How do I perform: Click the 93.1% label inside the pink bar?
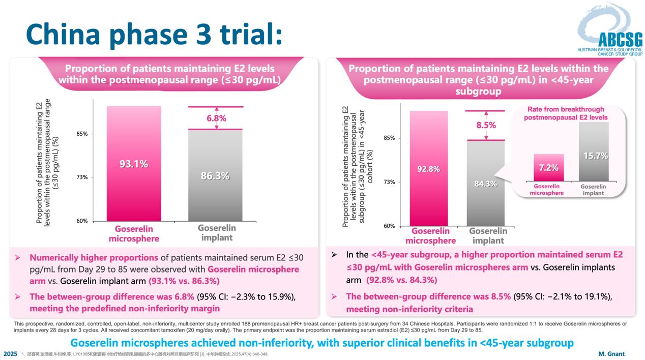tap(134, 164)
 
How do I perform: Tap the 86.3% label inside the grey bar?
tap(216, 176)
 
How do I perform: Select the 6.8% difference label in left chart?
tap(216, 118)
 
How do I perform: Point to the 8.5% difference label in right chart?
tap(486, 125)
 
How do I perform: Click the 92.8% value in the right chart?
tap(428, 169)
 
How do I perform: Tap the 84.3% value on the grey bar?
tap(485, 184)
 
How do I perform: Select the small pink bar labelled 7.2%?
tap(548, 167)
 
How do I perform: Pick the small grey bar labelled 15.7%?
tap(594, 152)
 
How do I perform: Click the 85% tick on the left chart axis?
tap(82, 134)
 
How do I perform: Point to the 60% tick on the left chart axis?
tap(82, 221)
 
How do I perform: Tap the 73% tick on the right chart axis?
tap(389, 182)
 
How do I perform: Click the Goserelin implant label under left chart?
tap(216, 233)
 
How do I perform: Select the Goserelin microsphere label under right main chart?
tap(430, 236)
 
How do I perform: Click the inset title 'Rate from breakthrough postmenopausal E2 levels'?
tap(566, 113)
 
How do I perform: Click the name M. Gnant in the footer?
tap(610, 353)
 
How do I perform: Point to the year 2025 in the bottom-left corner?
tap(10, 353)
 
